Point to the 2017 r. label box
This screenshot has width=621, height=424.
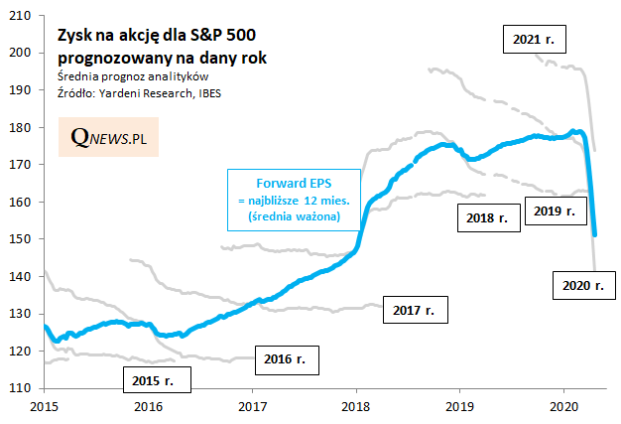click(415, 310)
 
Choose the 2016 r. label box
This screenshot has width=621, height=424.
click(287, 357)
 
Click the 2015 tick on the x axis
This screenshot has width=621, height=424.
click(44, 405)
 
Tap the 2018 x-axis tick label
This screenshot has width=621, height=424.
click(355, 405)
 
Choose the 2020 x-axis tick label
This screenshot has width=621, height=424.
click(563, 405)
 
